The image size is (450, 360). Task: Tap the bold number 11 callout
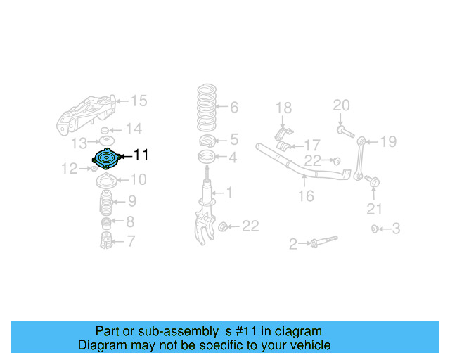point(141,155)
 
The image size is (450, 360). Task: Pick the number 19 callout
point(388,142)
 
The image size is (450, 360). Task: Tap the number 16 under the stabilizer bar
point(305,196)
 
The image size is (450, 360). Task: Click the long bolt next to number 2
point(319,243)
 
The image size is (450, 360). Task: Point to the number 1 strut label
point(229,192)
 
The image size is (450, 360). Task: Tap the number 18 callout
point(283,108)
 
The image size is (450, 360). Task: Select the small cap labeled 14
point(104,131)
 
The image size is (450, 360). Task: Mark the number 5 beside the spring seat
point(233,139)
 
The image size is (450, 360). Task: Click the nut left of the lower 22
point(222,226)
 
